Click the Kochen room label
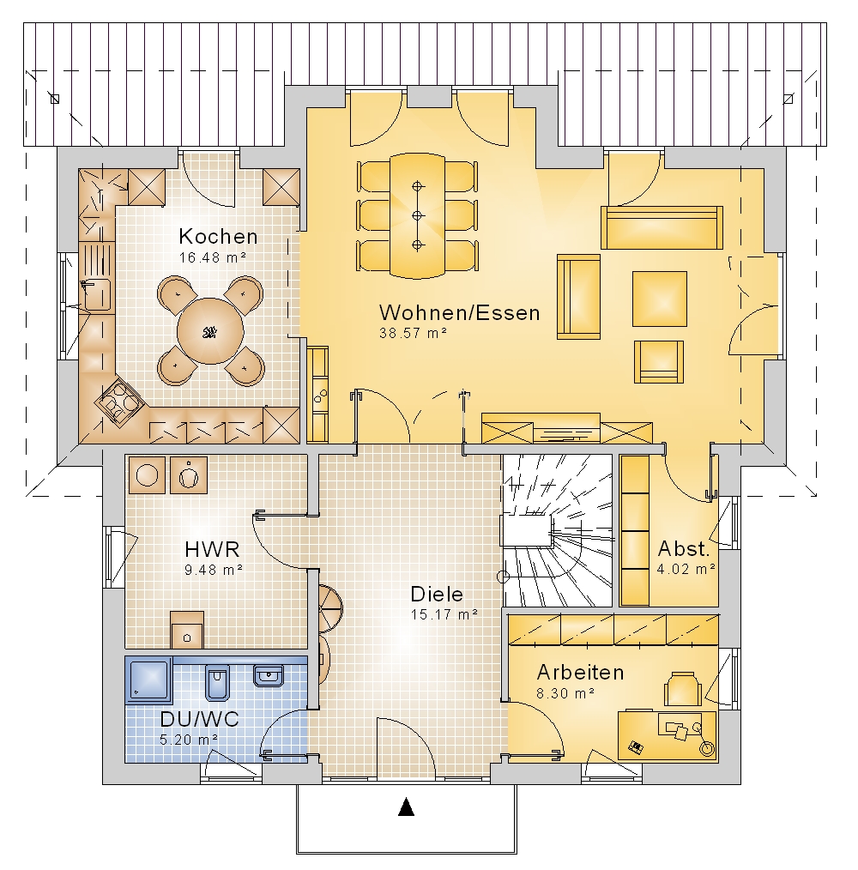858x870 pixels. click(x=218, y=237)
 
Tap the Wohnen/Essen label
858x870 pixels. click(x=460, y=313)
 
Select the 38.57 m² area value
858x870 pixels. click(x=413, y=333)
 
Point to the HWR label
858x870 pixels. click(x=212, y=549)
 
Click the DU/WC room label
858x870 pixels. click(x=199, y=719)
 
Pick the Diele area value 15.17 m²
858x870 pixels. click(x=444, y=615)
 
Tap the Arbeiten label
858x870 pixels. click(x=581, y=673)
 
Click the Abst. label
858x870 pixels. click(x=684, y=549)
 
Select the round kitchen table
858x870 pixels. click(x=210, y=331)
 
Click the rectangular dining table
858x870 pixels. click(x=417, y=215)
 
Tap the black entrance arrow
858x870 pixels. click(x=407, y=807)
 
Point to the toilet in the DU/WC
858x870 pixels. click(x=217, y=682)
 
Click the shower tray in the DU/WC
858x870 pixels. click(x=148, y=678)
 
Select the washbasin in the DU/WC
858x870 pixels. click(x=269, y=675)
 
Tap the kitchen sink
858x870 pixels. click(x=97, y=294)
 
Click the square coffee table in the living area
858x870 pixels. click(x=660, y=299)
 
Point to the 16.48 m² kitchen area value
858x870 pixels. click(x=213, y=257)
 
